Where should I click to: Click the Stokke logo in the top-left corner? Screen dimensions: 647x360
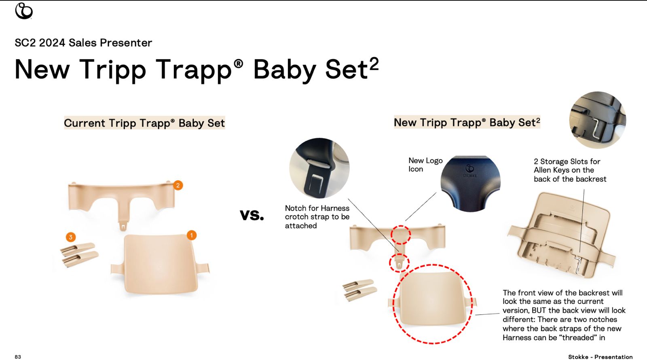[24, 11]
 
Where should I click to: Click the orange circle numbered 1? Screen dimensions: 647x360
[192, 235]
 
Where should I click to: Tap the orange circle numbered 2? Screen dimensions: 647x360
[178, 185]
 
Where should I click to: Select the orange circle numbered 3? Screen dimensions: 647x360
[71, 237]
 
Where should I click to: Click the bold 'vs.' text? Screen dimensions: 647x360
[252, 215]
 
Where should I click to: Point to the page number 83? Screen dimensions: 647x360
[18, 357]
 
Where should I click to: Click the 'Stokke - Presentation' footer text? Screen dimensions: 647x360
[600, 357]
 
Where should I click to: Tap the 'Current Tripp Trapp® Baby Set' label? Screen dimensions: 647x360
[144, 123]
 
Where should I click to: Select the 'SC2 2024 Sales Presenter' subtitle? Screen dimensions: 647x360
[83, 43]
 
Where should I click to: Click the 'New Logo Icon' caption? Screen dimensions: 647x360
[425, 165]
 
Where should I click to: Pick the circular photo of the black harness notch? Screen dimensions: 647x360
[319, 168]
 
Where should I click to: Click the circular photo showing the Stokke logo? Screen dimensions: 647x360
[471, 184]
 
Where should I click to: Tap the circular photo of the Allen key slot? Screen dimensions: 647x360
[598, 120]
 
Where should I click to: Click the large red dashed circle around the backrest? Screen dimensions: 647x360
[393, 303]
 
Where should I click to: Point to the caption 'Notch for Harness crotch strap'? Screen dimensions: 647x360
[317, 217]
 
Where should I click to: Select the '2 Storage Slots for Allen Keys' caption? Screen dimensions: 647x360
[570, 170]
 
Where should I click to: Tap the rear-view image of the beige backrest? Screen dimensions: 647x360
[562, 235]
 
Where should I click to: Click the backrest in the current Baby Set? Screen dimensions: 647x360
[160, 264]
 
